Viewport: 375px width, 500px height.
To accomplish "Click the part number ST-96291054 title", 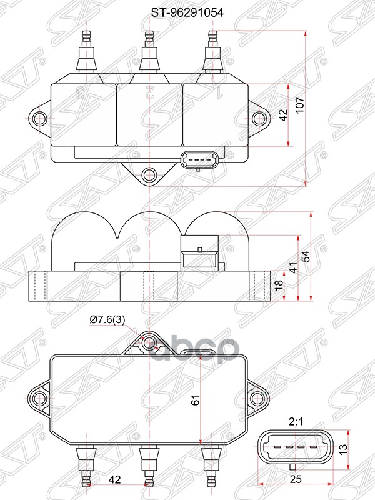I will coord(187,11).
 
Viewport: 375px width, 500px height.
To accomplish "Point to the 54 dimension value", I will coord(306,257).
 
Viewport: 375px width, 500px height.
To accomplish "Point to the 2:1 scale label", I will coord(296,422).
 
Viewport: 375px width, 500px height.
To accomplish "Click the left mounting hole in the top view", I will coord(39,117).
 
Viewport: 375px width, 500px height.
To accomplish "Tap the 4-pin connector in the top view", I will coord(199,161).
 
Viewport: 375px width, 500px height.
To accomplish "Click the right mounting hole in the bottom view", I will coord(256,397).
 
